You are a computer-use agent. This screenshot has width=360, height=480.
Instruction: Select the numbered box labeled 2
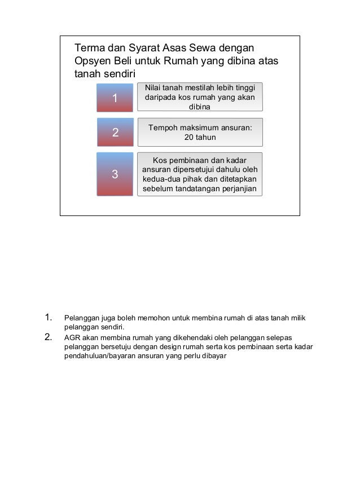point(115,133)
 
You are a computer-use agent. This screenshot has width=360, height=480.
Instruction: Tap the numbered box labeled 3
point(115,174)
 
